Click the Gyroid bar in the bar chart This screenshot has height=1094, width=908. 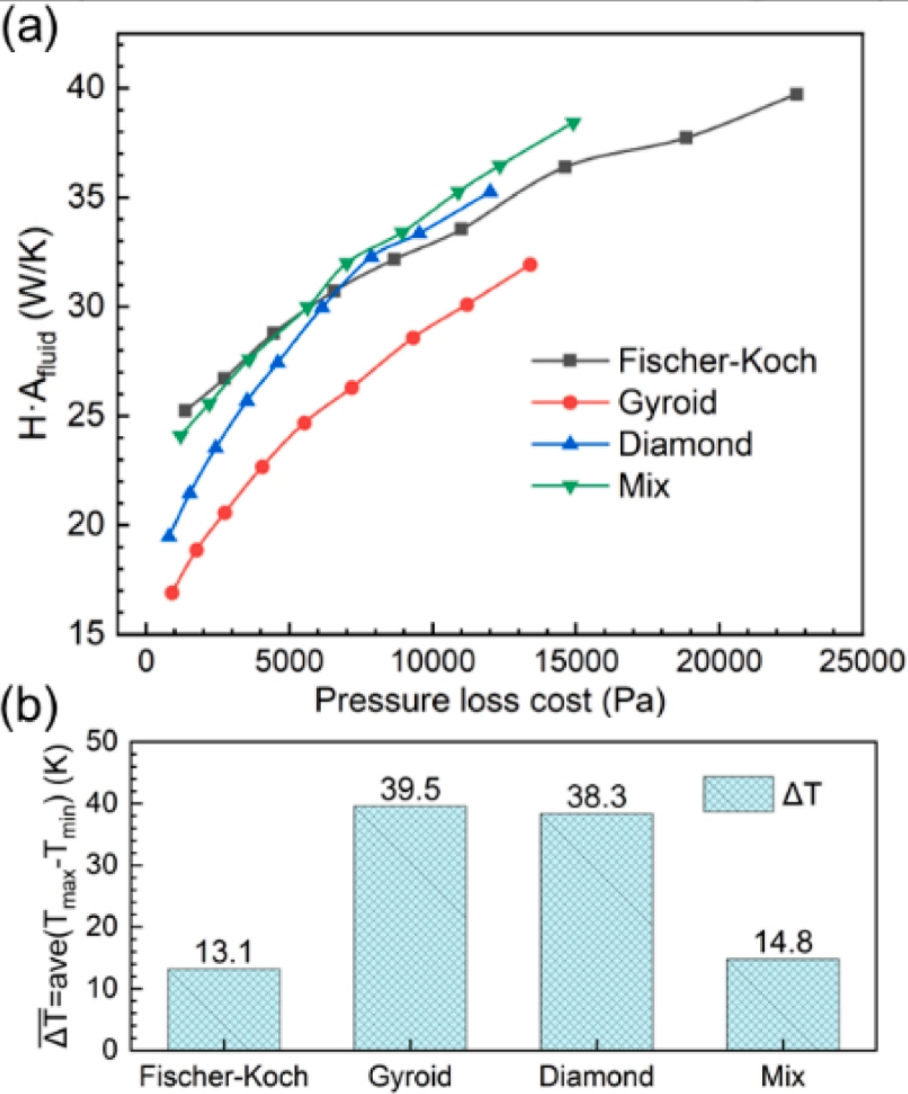pyautogui.click(x=409, y=927)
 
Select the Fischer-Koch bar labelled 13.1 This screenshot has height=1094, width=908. pyautogui.click(x=224, y=1009)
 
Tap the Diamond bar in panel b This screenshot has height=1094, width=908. pyautogui.click(x=596, y=931)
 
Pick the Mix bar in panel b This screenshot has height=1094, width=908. pyautogui.click(x=782, y=1004)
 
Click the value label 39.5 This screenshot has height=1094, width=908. pyautogui.click(x=410, y=789)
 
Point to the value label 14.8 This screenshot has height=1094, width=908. pyautogui.click(x=783, y=942)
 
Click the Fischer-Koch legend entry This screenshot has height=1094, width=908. pyautogui.click(x=675, y=360)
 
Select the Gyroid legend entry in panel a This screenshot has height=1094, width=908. pyautogui.click(x=625, y=402)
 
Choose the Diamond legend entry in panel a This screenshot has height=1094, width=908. pyautogui.click(x=642, y=444)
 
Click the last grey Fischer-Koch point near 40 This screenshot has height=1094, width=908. pyautogui.click(x=796, y=95)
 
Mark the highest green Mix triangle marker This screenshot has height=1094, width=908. pyautogui.click(x=573, y=124)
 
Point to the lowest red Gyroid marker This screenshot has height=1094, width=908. pyautogui.click(x=172, y=592)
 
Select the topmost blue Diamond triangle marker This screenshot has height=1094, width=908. pyautogui.click(x=491, y=192)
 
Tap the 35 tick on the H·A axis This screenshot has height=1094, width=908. pyautogui.click(x=86, y=197)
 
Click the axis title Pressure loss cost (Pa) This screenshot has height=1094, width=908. pyautogui.click(x=489, y=701)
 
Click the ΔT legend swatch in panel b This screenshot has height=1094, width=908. pyautogui.click(x=738, y=795)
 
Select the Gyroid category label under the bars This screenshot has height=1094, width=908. pyautogui.click(x=409, y=1076)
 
